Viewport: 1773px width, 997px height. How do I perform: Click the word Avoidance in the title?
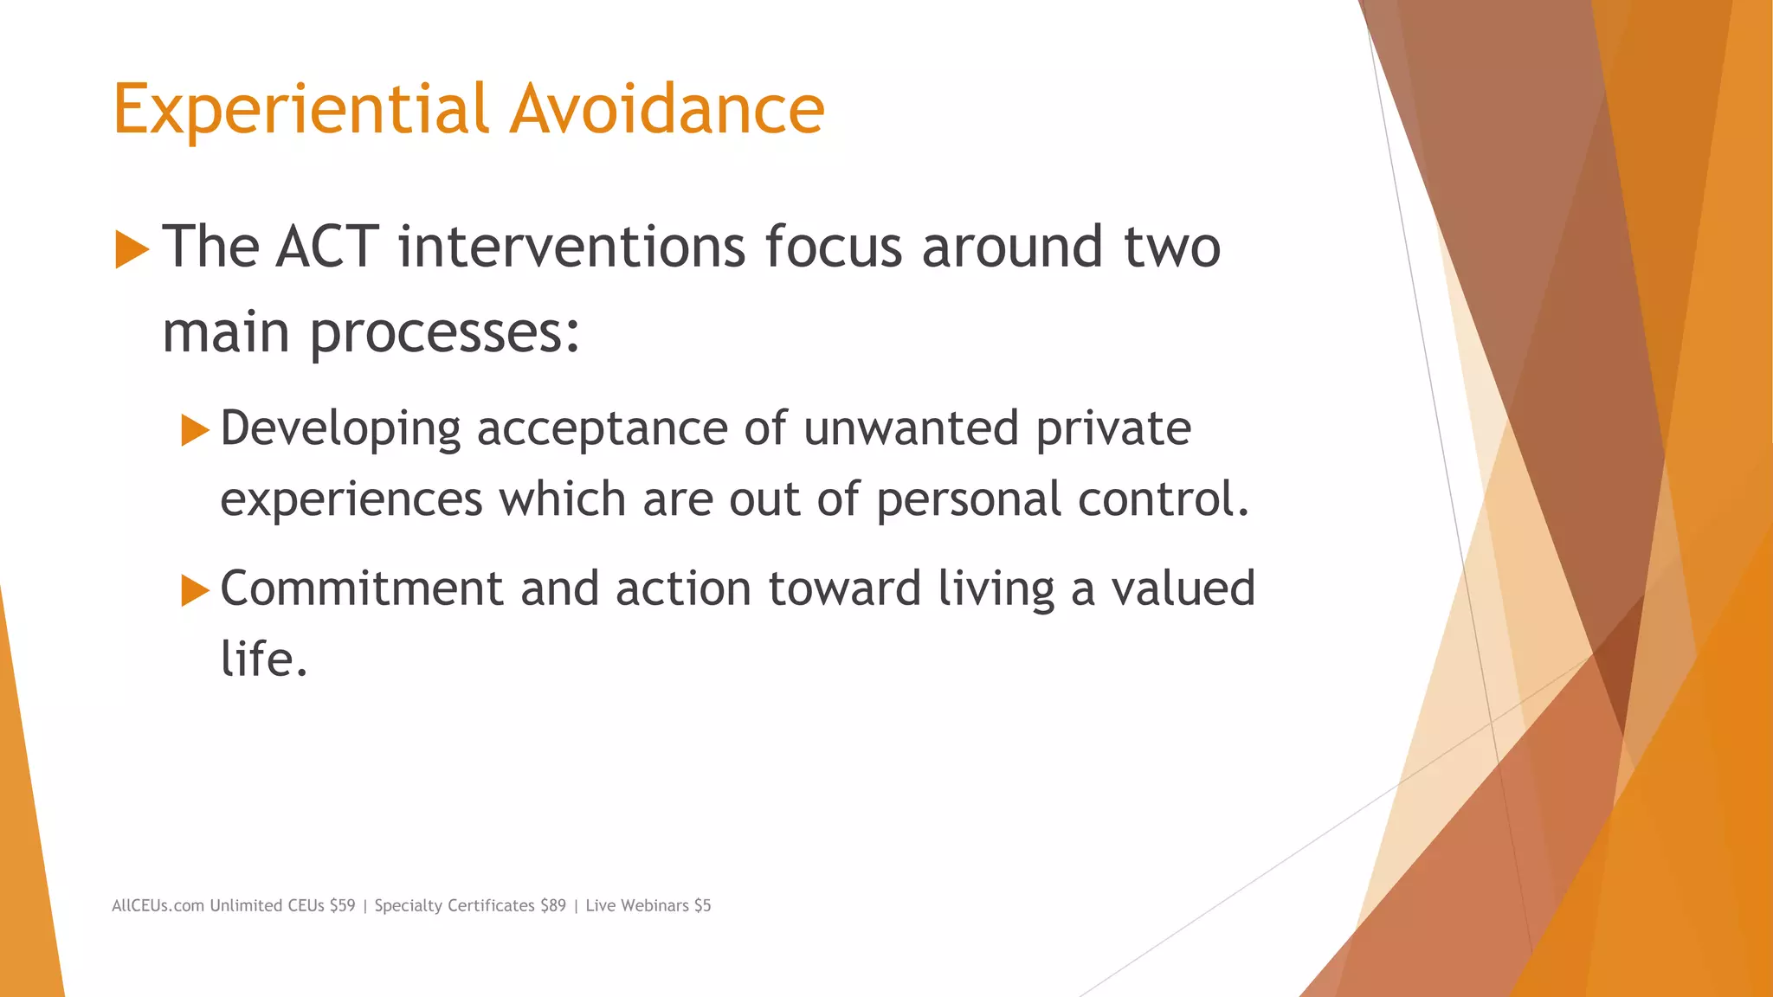pyautogui.click(x=667, y=110)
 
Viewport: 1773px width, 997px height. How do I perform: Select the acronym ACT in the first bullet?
pyautogui.click(x=327, y=247)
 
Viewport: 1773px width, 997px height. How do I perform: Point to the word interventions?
pyautogui.click(x=571, y=247)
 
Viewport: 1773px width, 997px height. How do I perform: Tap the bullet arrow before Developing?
pyautogui.click(x=196, y=430)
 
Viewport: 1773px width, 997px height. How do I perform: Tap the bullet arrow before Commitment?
pyautogui.click(x=196, y=591)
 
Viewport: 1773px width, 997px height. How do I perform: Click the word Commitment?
pyautogui.click(x=362, y=589)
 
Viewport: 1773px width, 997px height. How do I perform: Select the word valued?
pyautogui.click(x=1183, y=589)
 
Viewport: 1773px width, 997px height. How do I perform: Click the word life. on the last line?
pyautogui.click(x=264, y=659)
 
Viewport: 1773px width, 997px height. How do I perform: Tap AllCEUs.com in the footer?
pyautogui.click(x=158, y=905)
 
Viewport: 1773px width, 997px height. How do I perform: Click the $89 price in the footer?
pyautogui.click(x=552, y=905)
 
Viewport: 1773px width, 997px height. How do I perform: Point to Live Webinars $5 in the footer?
pyautogui.click(x=648, y=905)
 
